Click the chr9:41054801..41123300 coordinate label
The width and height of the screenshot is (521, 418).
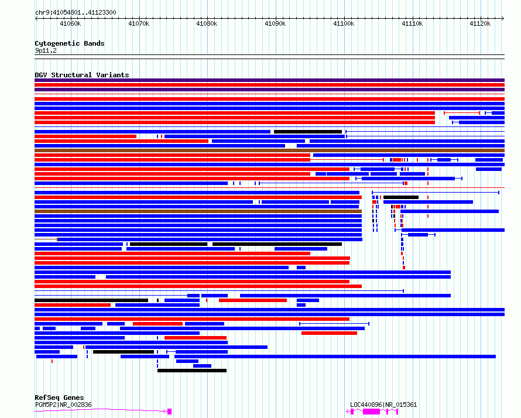coord(76,13)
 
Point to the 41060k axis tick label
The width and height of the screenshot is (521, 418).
coord(70,23)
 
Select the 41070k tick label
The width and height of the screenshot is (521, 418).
coord(139,23)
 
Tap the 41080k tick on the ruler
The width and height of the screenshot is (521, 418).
coord(207,23)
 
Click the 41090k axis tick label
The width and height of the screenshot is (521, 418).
coord(275,23)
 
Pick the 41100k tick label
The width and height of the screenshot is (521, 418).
coord(344,23)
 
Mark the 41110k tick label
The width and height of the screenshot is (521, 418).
coord(412,23)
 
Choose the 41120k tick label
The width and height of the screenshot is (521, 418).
coord(480,23)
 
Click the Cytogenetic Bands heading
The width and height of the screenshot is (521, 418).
coord(70,43)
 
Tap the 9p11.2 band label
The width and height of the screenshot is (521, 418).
coord(46,50)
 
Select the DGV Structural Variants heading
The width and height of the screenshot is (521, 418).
coord(82,75)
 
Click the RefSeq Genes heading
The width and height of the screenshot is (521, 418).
coord(59,398)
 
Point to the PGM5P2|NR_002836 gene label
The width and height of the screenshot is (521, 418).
coord(63,405)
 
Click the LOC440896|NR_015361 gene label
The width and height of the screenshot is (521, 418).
coord(383,405)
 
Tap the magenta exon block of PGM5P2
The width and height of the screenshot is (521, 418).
coord(169,412)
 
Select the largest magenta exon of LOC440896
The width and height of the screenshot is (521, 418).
coord(371,412)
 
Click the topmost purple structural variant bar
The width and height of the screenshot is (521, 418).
coord(269,80)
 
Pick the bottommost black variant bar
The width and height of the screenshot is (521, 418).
coord(192,371)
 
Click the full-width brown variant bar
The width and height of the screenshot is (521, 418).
coord(269,150)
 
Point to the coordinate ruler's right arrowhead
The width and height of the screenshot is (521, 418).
coord(503,18)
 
